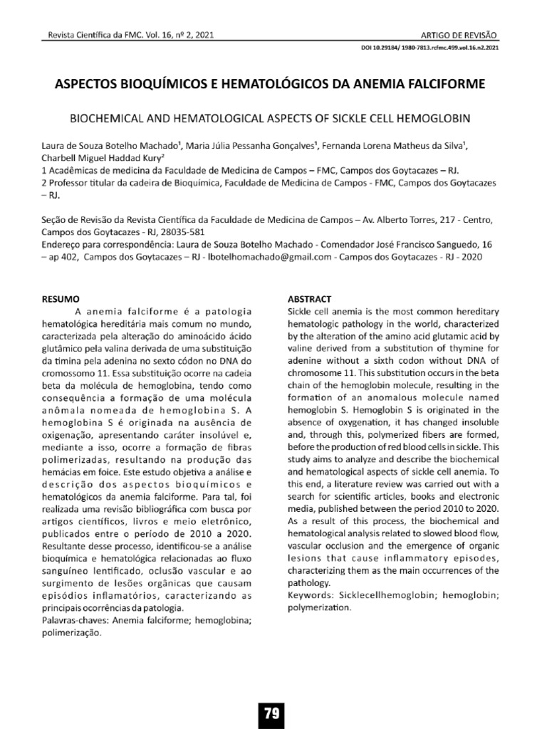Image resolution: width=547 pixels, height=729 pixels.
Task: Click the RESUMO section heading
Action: coord(61,298)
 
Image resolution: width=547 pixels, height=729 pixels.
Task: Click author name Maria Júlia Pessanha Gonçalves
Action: coord(251,146)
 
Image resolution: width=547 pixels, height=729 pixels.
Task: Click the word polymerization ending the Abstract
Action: coord(319,609)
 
